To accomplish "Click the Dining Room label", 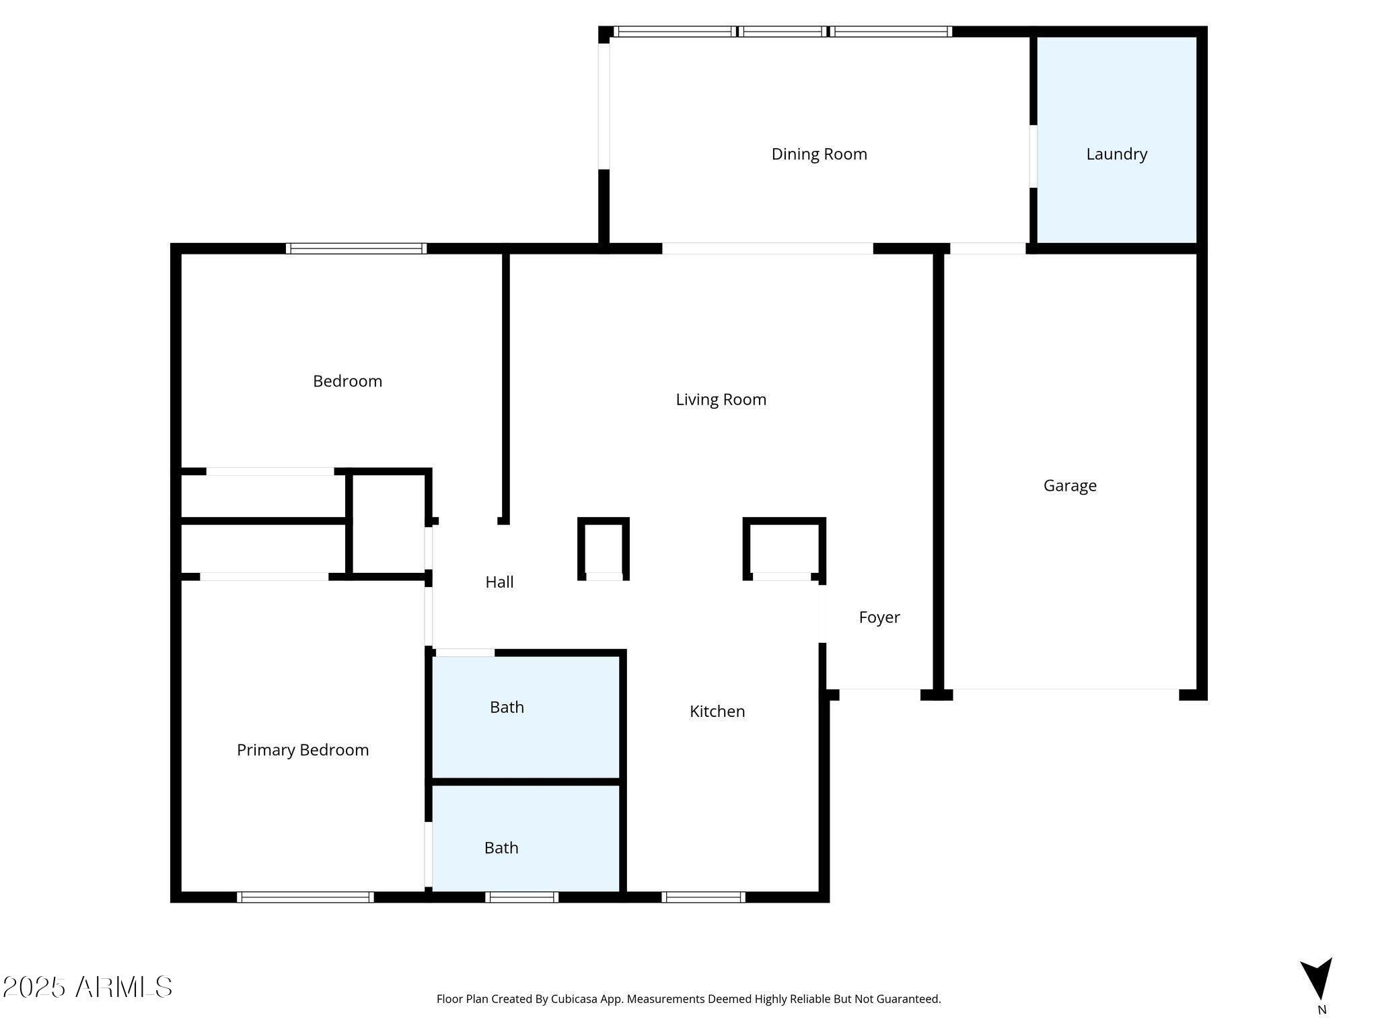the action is (819, 154).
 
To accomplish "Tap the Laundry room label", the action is (1116, 154).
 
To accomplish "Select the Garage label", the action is (1070, 485).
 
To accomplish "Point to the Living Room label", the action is (721, 400).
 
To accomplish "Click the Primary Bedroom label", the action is (303, 750).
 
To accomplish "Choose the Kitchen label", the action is (717, 712).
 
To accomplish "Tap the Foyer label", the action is (879, 617).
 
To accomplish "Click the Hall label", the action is (499, 582).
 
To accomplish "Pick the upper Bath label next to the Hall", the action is (507, 707).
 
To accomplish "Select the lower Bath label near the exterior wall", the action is (501, 848).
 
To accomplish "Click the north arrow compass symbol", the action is (1317, 980).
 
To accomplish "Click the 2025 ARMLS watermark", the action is (87, 987).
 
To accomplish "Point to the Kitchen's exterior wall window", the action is (704, 897).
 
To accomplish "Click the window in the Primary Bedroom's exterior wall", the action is (305, 897).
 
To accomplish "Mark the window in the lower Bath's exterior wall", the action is (522, 897).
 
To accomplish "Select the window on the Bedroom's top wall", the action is (356, 248).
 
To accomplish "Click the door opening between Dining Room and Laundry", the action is (1033, 156).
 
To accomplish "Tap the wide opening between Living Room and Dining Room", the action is (768, 248).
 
